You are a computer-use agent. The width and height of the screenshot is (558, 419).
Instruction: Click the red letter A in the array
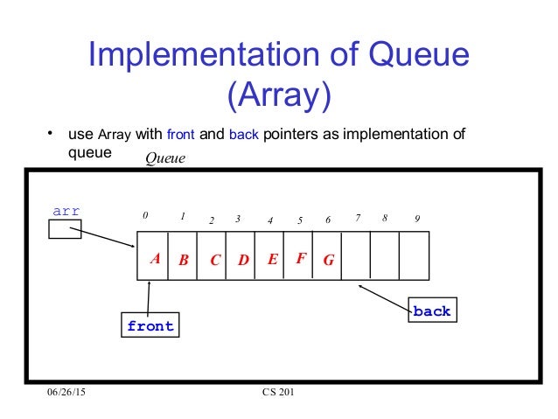point(154,259)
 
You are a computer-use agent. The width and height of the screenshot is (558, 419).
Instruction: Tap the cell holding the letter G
point(328,260)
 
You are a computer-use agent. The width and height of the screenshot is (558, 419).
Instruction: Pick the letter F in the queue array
point(300,258)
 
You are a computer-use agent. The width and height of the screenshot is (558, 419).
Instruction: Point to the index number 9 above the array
point(417,219)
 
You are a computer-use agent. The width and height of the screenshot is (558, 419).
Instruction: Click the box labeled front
point(150,326)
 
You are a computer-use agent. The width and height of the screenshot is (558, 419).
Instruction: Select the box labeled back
point(432,311)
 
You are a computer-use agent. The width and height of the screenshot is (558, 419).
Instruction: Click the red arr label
point(67,211)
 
